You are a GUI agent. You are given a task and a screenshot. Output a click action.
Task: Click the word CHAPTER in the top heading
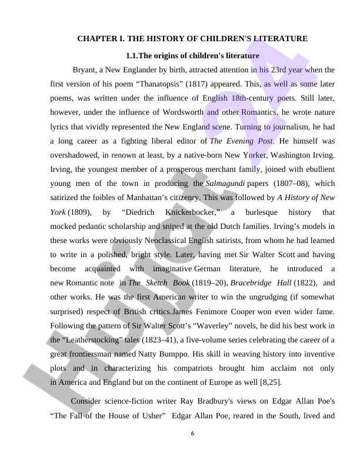[x=96, y=39]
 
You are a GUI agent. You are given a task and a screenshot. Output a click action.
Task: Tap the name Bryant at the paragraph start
[x=85, y=70]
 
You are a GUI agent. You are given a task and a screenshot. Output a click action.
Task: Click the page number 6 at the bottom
[x=192, y=434]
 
